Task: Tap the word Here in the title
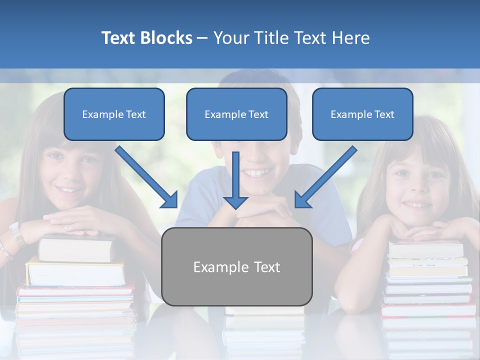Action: [x=349, y=38]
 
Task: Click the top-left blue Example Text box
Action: [x=114, y=114]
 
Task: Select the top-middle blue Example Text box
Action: [x=236, y=114]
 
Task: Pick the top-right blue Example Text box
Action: [x=362, y=114]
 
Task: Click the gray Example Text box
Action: [x=236, y=266]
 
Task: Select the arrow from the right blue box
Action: [x=325, y=177]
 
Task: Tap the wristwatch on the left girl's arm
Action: [x=16, y=233]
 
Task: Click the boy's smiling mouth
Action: [x=256, y=173]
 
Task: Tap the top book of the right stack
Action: [x=426, y=248]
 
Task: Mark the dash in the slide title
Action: [x=202, y=38]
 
